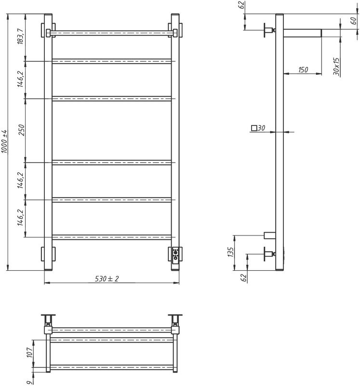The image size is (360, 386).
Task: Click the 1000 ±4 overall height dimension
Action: (5, 141)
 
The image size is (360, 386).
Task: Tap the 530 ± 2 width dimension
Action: (107, 279)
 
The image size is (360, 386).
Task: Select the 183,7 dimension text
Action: (21, 37)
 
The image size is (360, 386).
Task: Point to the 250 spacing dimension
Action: (21, 130)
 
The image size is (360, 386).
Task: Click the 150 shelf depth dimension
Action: (303, 70)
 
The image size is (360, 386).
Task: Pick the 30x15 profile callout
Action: (336, 67)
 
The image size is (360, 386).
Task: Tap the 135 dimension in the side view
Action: (231, 252)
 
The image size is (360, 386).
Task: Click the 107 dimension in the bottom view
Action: (29, 352)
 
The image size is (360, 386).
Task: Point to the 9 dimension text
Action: (30, 383)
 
